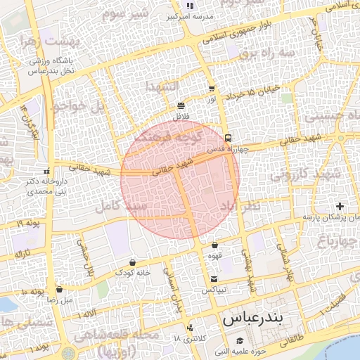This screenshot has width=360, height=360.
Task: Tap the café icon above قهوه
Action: tap(214, 245)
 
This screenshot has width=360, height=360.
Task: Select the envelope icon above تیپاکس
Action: tap(214, 279)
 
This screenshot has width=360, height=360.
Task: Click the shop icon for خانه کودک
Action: tap(132, 262)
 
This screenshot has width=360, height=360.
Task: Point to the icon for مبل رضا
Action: tap(58, 289)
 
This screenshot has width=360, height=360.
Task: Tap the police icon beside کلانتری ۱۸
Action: tap(190, 328)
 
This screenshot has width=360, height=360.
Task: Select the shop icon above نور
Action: tap(212, 89)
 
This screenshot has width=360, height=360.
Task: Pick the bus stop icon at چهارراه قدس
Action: tap(228, 138)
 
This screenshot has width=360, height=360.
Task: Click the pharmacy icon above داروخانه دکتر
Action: tap(46, 171)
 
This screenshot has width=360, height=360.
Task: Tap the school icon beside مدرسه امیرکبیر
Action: tap(189, 6)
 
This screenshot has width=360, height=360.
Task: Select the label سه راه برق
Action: tap(266, 53)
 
